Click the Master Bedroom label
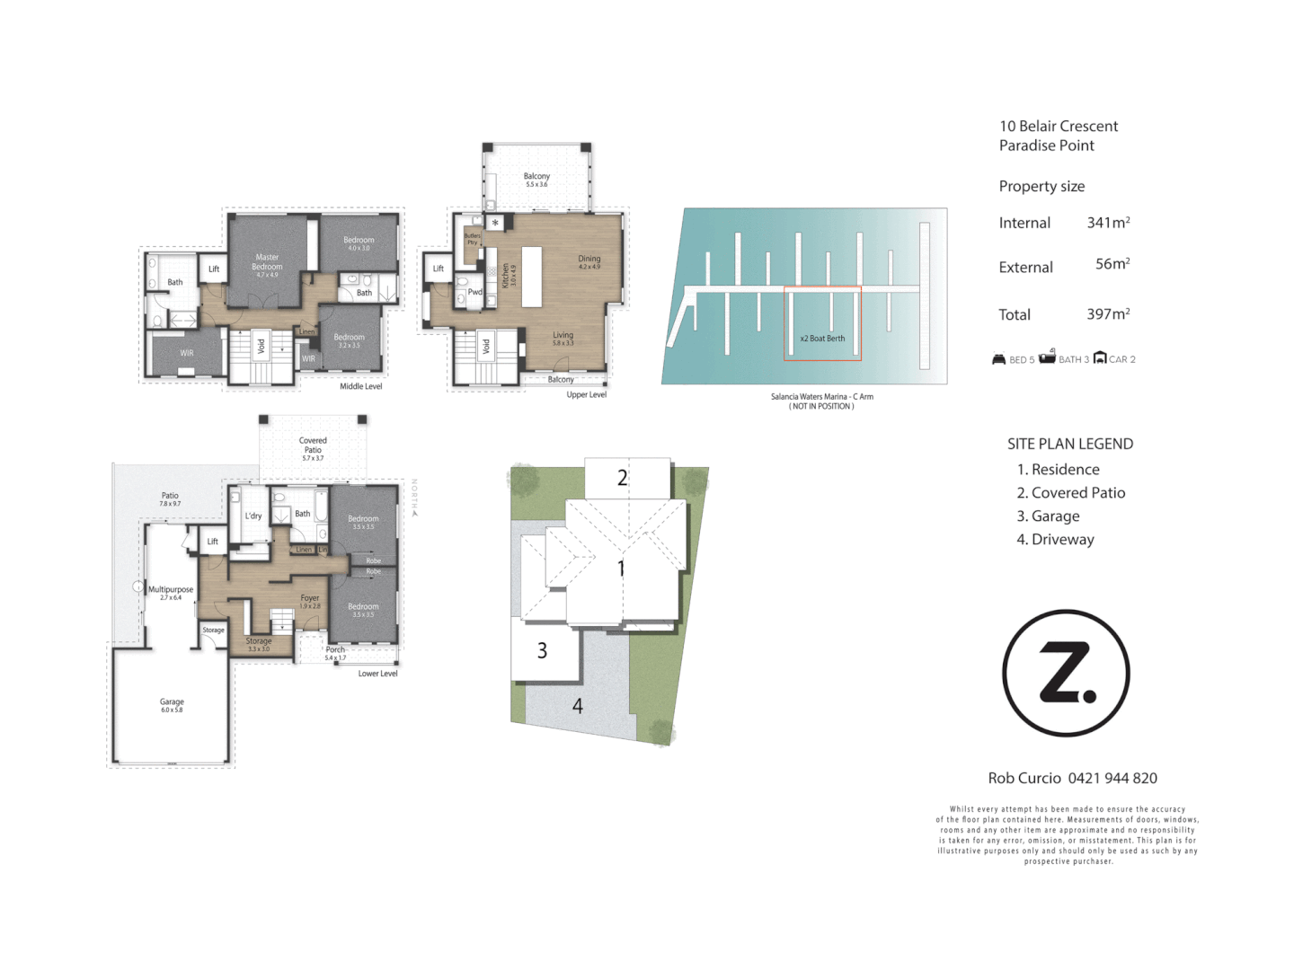pyautogui.click(x=267, y=262)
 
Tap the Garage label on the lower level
pyautogui.click(x=172, y=702)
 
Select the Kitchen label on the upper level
pyautogui.click(x=506, y=275)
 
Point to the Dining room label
pyautogui.click(x=589, y=259)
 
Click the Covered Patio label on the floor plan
pyautogui.click(x=313, y=445)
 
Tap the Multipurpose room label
pyautogui.click(x=171, y=590)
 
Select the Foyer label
pyautogui.click(x=310, y=598)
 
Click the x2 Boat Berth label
pyautogui.click(x=822, y=339)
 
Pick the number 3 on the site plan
pyautogui.click(x=542, y=650)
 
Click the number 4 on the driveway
pyautogui.click(x=578, y=707)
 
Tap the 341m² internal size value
pyautogui.click(x=1108, y=223)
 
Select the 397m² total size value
pyautogui.click(x=1108, y=314)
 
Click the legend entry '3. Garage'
pyautogui.click(x=1048, y=516)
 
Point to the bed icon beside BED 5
pyautogui.click(x=998, y=359)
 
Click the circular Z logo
pyautogui.click(x=1066, y=674)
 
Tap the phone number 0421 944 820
pyautogui.click(x=1112, y=779)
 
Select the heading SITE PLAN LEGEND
pyautogui.click(x=1069, y=444)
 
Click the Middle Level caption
pyautogui.click(x=360, y=387)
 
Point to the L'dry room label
pyautogui.click(x=253, y=516)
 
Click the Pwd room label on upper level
pyautogui.click(x=474, y=292)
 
